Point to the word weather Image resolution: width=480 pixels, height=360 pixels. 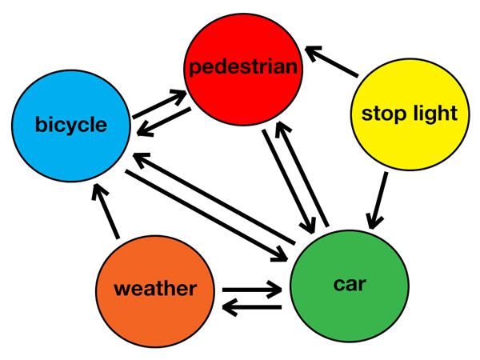(x=155, y=289)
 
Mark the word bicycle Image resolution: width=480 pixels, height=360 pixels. (x=71, y=125)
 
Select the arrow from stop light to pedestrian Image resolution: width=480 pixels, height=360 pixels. (x=333, y=63)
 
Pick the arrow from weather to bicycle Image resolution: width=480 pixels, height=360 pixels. (x=106, y=211)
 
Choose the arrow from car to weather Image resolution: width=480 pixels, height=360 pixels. (x=251, y=306)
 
